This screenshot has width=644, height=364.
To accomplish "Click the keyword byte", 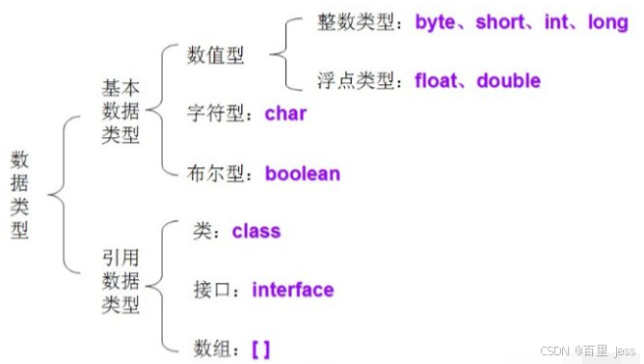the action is tap(439, 22).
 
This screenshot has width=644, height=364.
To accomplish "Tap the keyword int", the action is tap(556, 22).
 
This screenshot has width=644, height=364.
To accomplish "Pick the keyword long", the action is tap(607, 22).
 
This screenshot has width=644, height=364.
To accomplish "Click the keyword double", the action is tap(508, 81).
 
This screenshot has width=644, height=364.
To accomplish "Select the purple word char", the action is tap(285, 114).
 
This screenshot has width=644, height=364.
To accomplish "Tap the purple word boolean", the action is tap(303, 175).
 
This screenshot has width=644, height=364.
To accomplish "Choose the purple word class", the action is tap(256, 231).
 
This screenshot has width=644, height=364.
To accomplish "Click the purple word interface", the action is tap(293, 290).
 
